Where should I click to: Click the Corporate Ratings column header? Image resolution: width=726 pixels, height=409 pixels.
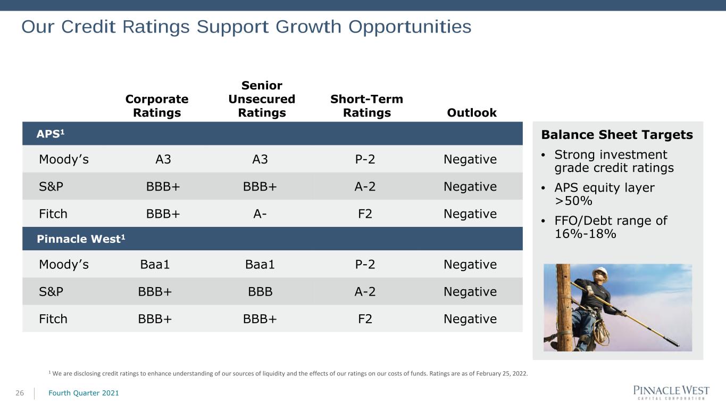coord(157,106)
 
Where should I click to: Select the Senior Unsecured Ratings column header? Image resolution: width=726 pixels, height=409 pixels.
coord(262,99)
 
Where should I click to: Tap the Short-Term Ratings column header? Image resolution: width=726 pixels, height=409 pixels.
coord(367,106)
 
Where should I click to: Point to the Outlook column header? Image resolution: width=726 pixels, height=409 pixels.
coord(472,113)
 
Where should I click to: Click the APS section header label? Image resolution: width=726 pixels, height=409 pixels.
coord(51,134)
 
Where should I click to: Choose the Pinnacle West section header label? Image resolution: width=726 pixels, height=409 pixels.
coord(81,239)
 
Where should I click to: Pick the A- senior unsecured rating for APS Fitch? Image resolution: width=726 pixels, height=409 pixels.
coord(260,214)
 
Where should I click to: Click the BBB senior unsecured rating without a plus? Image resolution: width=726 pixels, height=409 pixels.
coord(260,292)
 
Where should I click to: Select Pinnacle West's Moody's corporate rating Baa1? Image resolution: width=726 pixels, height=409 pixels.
coord(155,265)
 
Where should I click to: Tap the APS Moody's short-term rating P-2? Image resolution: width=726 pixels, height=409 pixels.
coord(365,159)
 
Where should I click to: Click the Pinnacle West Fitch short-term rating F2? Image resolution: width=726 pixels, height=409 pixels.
coord(365,319)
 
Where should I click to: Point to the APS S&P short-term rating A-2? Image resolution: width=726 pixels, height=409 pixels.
coord(365,186)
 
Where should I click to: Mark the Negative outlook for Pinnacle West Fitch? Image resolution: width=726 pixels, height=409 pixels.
coord(470,319)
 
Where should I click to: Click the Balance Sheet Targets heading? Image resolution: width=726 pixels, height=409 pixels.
coord(617,135)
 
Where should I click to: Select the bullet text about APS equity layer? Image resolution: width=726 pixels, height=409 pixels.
coord(604,194)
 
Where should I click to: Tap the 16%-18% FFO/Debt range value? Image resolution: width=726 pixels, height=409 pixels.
coord(586,234)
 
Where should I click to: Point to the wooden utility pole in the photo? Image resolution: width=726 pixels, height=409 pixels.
coord(564,307)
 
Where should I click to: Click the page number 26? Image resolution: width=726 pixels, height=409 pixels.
coord(20,393)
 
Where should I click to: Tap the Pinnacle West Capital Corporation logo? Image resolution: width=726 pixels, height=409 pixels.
coord(671,392)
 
